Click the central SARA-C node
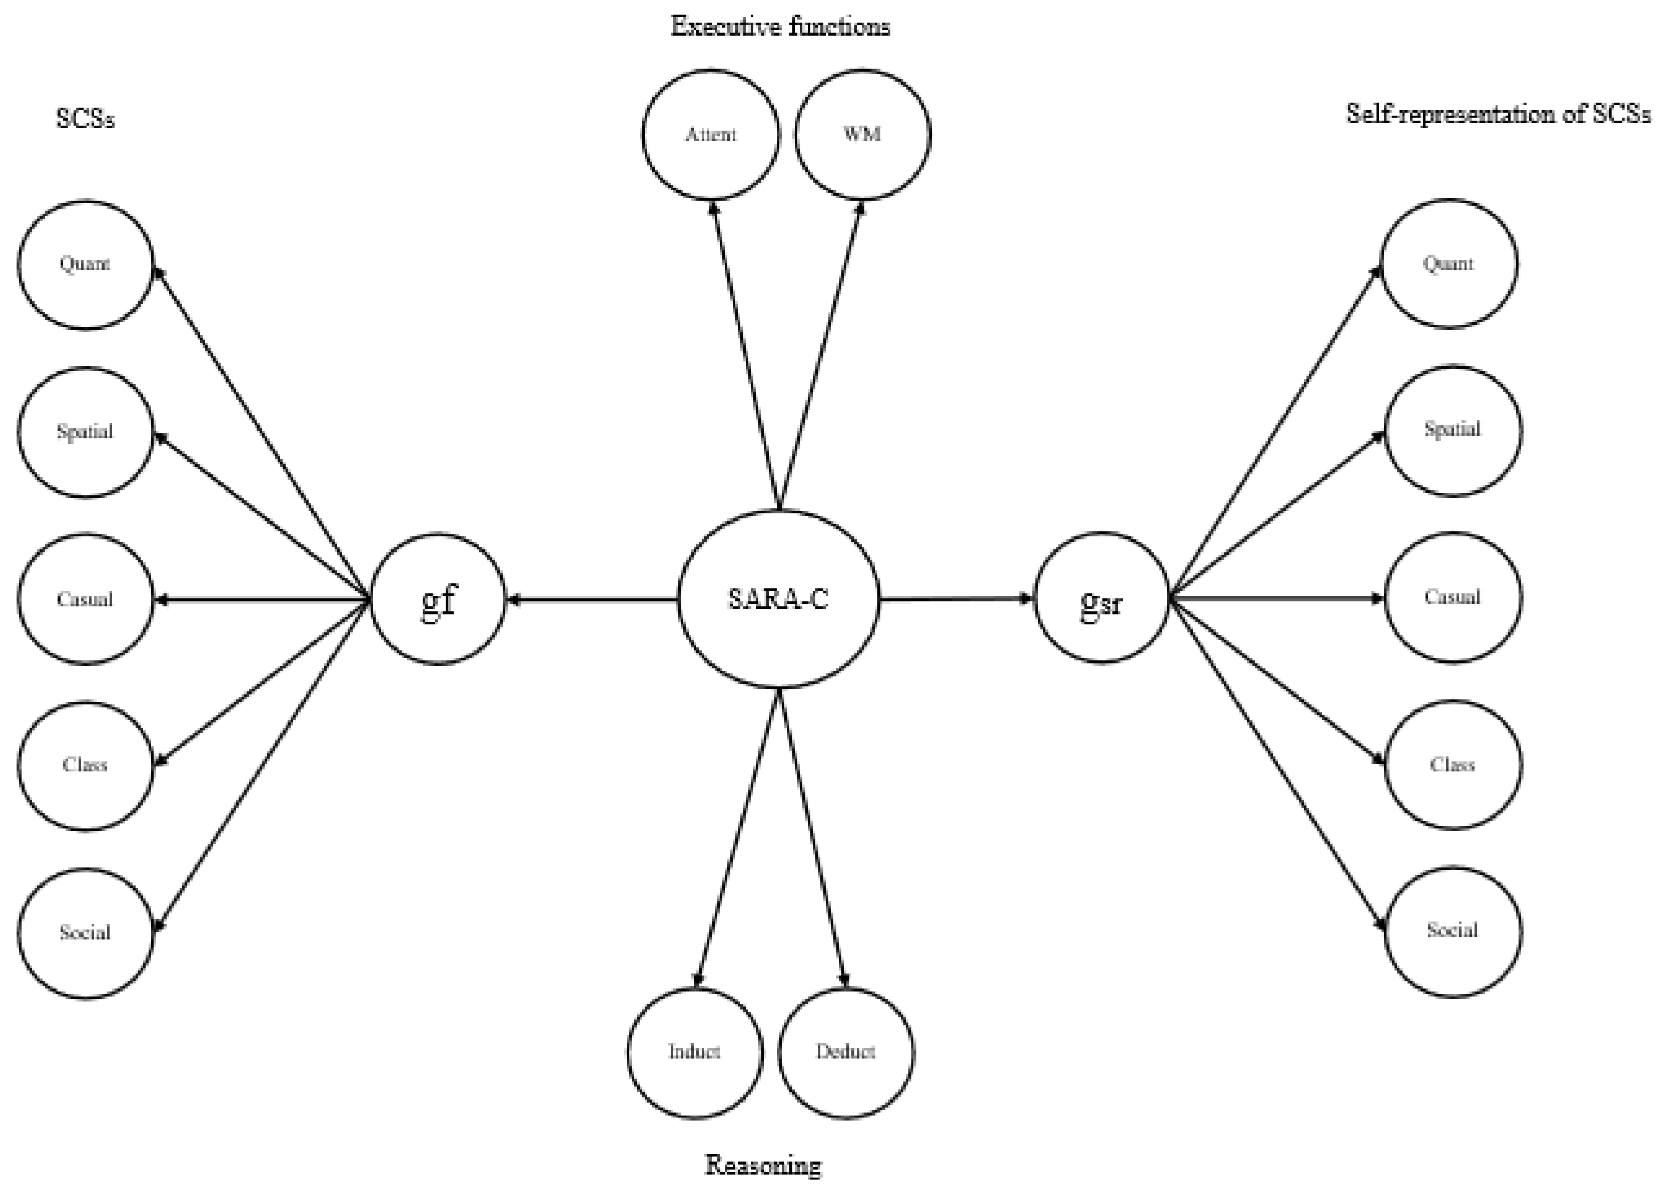click(778, 598)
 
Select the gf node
click(437, 598)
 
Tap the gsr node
click(1101, 598)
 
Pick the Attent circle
click(710, 134)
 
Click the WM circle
click(862, 134)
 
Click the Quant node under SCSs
click(85, 264)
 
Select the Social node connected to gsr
click(1453, 930)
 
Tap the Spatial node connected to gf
click(85, 432)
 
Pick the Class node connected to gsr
click(1453, 764)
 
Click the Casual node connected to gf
click(85, 598)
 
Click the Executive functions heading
click(780, 27)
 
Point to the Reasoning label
click(763, 1165)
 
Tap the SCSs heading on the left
click(85, 118)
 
